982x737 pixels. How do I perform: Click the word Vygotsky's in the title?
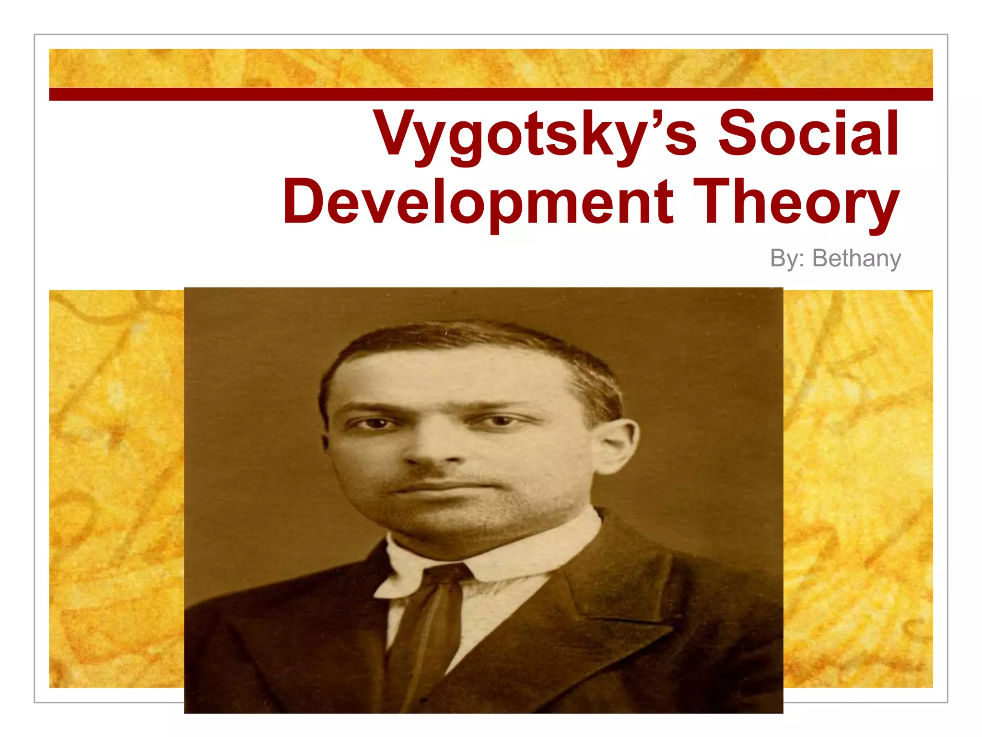pos(535,134)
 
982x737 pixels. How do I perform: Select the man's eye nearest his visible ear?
pos(501,421)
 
